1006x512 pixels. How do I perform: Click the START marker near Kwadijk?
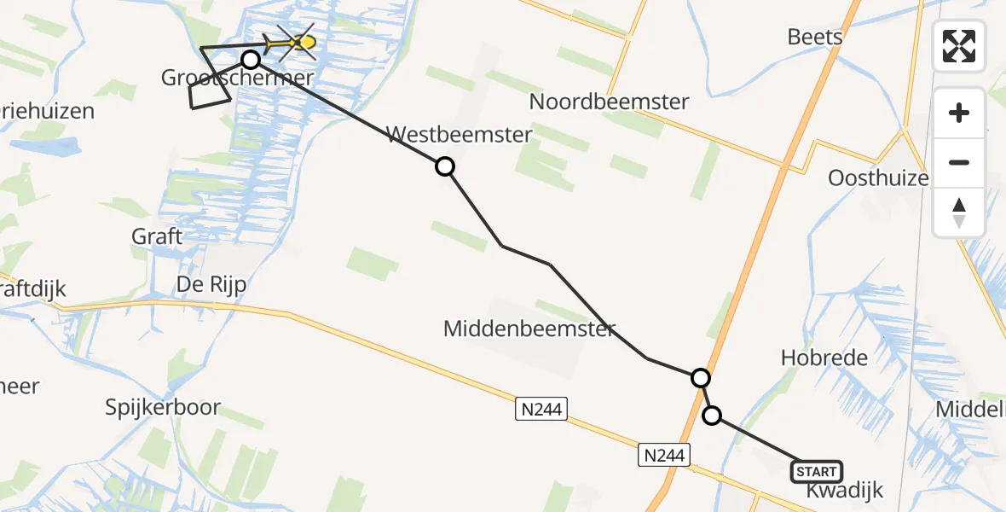pos(817,472)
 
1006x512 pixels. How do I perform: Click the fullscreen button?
pos(959,46)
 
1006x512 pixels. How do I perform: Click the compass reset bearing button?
pos(959,212)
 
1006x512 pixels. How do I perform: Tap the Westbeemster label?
pos(460,134)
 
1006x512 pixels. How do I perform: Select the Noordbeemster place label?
pos(609,102)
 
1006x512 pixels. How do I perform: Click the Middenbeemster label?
pos(529,329)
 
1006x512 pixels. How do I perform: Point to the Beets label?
pos(815,37)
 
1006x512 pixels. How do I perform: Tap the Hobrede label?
pos(824,358)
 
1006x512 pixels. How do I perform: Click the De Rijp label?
pos(211,285)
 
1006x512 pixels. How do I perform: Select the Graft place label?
pos(157,236)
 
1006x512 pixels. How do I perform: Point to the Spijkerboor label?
pos(165,407)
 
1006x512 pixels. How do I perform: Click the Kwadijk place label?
pos(844,491)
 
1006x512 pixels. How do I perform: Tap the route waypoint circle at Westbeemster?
pos(445,166)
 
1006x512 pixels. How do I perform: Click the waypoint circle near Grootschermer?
pos(251,60)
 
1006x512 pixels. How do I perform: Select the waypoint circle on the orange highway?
pos(700,377)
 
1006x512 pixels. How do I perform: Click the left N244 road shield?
pos(541,410)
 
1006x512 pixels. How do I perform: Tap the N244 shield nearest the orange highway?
pos(663,456)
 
